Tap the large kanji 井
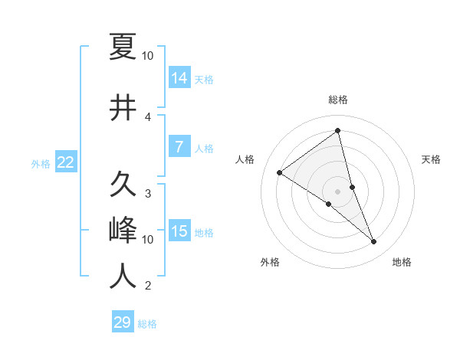pos(123,108)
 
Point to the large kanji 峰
pos(123,230)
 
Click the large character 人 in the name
pos(123,276)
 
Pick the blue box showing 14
pos(179,78)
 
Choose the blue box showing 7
pos(179,148)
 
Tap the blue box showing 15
pos(179,232)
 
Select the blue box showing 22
pos(65,162)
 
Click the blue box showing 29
pos(123,322)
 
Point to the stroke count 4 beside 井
pos(148,117)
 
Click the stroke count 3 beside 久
pos(148,194)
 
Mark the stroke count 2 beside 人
pos(148,286)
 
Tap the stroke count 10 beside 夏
pos(148,56)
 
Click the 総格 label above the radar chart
pos(338,100)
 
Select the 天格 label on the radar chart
pos(432,159)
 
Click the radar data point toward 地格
pos(374,242)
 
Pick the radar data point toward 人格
pos(280,172)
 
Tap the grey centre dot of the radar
pos(338,191)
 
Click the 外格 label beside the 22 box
pos(40,163)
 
